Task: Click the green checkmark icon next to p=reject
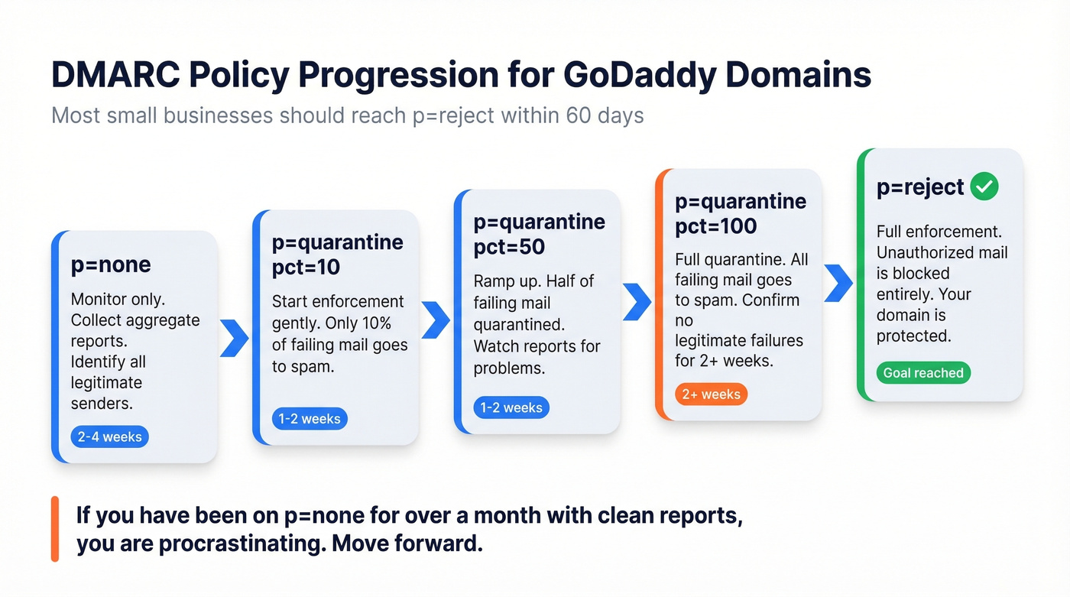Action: click(984, 187)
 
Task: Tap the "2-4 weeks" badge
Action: click(110, 437)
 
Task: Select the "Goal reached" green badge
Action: click(923, 373)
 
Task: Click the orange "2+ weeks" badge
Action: click(711, 394)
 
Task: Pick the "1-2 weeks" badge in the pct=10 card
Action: click(310, 419)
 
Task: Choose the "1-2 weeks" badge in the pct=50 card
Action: click(511, 407)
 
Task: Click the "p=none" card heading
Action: click(111, 264)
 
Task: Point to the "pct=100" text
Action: click(716, 226)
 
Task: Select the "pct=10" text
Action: click(306, 268)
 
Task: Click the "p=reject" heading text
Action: click(919, 187)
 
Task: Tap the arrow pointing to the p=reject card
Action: click(838, 283)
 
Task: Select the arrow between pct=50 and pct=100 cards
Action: click(637, 303)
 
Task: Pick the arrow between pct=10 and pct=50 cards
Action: click(436, 320)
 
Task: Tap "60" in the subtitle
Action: click(580, 116)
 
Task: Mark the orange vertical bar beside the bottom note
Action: click(55, 529)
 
